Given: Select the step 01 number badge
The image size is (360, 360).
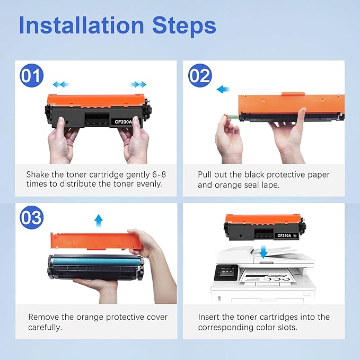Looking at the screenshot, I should point(31,76).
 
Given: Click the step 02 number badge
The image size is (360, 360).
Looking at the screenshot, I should point(200,76).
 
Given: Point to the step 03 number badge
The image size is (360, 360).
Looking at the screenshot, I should point(31,217).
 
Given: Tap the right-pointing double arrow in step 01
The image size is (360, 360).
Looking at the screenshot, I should point(139,84).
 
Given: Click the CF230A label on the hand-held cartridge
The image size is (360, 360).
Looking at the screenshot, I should point(124,122).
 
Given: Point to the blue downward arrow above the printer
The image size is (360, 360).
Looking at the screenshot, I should point(264,253).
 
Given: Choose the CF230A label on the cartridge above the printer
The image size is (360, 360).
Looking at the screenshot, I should point(286,235).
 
